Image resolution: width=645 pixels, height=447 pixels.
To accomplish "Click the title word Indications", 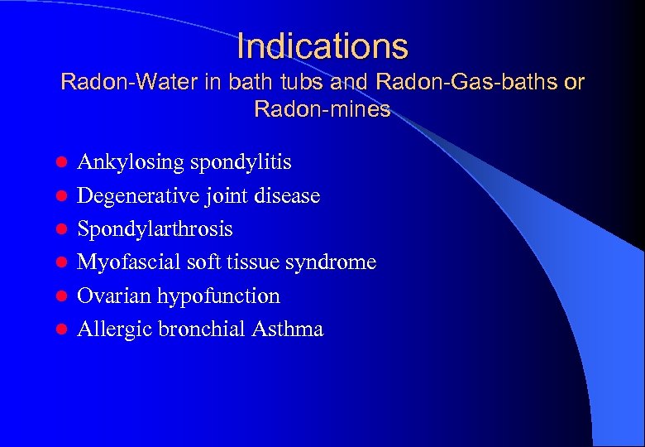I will click(x=322, y=46).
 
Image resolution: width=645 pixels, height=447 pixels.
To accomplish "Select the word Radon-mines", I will click(x=322, y=109).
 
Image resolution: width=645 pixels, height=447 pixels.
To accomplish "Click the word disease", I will click(x=287, y=196).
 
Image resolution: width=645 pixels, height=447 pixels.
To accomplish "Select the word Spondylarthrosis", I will click(x=155, y=229).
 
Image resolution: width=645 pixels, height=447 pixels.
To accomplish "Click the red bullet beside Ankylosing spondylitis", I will click(x=60, y=163).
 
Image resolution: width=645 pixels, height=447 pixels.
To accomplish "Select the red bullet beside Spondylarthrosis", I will click(x=60, y=229).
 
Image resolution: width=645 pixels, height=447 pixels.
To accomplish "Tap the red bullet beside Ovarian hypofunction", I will click(x=60, y=296).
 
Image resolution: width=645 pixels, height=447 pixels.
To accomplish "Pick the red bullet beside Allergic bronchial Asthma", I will click(x=60, y=329).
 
